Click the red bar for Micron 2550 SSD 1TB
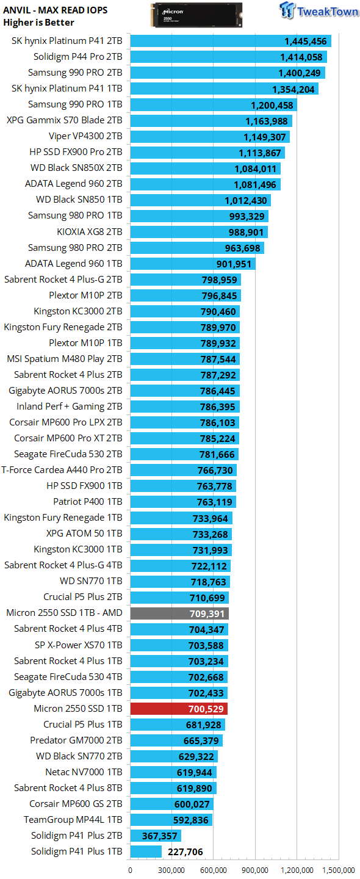click(x=179, y=708)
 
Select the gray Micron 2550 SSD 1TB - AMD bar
click(x=179, y=613)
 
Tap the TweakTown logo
click(x=319, y=10)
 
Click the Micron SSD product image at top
click(x=196, y=15)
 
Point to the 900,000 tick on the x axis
click(x=255, y=870)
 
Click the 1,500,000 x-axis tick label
click(x=339, y=870)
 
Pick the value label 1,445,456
click(x=306, y=42)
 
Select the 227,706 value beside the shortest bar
click(x=185, y=852)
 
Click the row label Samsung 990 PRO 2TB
click(x=75, y=73)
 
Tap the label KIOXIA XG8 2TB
click(x=90, y=231)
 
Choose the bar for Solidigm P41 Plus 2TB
click(x=156, y=836)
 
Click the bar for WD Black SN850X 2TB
click(x=206, y=168)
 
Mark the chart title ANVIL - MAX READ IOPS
click(x=56, y=10)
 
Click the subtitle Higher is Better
click(x=38, y=23)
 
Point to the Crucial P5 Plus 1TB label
click(x=83, y=725)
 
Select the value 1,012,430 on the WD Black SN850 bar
click(x=245, y=200)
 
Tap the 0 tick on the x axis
click(x=130, y=870)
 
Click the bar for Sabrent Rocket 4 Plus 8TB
click(x=173, y=788)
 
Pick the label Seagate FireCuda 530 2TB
click(x=68, y=454)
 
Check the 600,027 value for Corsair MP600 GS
click(x=192, y=804)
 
